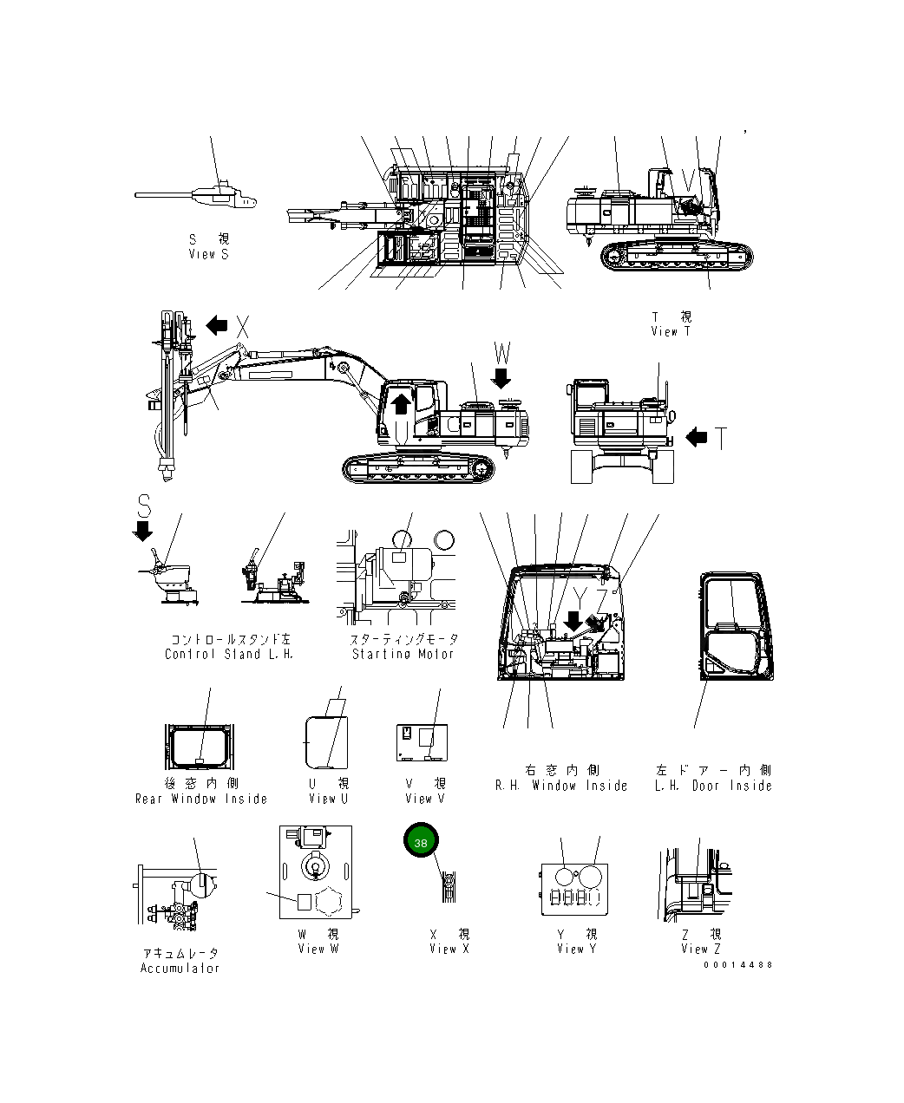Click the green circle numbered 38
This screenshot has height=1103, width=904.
[x=421, y=842]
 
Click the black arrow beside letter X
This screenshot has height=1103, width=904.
[x=217, y=326]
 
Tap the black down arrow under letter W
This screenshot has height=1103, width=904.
[x=501, y=378]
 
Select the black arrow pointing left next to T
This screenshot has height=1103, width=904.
[x=697, y=438]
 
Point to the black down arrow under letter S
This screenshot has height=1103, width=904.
[x=143, y=530]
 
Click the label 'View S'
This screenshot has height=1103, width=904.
[x=208, y=254]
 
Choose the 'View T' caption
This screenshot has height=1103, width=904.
[x=671, y=331]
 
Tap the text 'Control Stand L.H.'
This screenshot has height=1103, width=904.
[x=229, y=654]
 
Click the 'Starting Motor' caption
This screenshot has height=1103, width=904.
[x=403, y=654]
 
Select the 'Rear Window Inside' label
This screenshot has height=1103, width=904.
[x=201, y=799]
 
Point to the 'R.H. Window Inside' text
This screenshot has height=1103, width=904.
[x=561, y=786]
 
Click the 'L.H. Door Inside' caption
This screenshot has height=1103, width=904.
[x=713, y=786]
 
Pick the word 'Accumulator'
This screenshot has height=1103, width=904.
[x=180, y=968]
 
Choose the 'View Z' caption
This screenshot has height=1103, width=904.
[x=701, y=949]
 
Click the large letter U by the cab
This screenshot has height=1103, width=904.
[x=400, y=431]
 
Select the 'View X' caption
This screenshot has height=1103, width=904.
[x=449, y=949]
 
